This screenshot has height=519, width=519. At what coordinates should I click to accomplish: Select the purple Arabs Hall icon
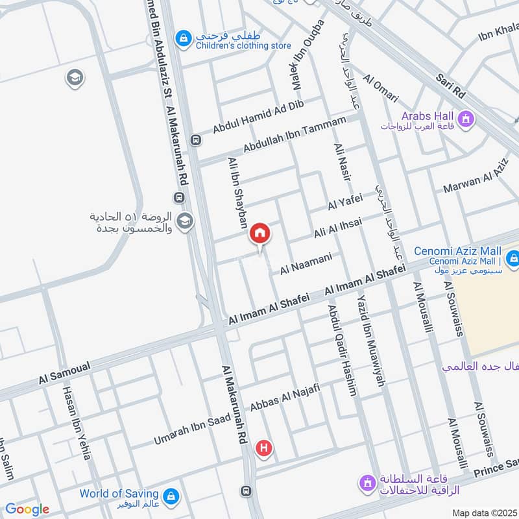(x=465, y=119)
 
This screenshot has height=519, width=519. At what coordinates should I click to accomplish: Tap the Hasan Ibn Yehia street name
(x=76, y=423)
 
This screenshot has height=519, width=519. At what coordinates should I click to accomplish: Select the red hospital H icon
(x=263, y=447)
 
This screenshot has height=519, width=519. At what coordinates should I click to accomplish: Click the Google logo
(x=27, y=509)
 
